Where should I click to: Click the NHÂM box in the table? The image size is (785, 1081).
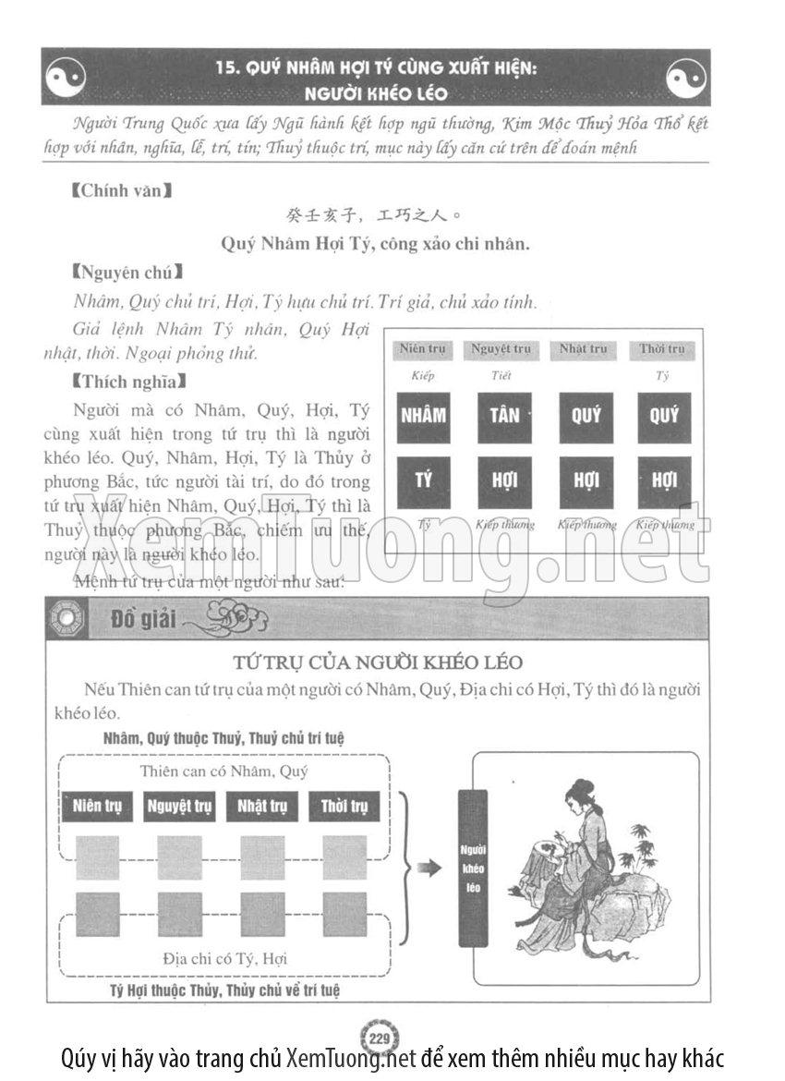[x=423, y=417]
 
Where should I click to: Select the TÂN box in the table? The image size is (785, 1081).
[x=504, y=417]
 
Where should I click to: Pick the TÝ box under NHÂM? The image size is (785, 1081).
[x=423, y=481]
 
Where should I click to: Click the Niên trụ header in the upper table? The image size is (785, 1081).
[x=423, y=349]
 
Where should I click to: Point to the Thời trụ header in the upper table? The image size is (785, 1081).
[x=662, y=349]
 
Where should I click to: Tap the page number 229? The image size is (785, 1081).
[x=377, y=1038]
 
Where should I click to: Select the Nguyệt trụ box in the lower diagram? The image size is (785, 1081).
[x=179, y=806]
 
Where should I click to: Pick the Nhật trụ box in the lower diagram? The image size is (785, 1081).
[x=261, y=806]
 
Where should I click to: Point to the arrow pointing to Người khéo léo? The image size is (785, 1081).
[x=428, y=868]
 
